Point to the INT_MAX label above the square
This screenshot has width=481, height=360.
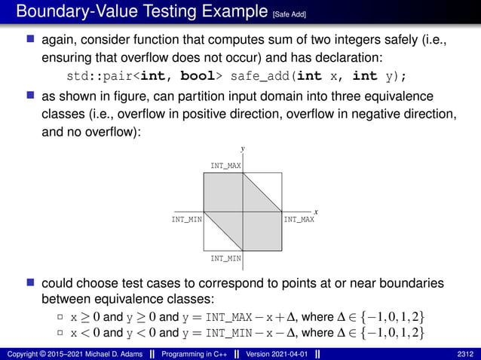(226, 165)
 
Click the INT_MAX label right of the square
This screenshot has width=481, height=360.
(299, 220)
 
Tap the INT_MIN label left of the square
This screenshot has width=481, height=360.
(186, 220)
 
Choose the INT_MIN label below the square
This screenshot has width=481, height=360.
(226, 259)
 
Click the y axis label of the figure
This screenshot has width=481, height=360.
(243, 149)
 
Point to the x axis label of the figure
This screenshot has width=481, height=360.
(316, 212)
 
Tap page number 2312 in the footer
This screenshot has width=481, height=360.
(465, 353)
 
